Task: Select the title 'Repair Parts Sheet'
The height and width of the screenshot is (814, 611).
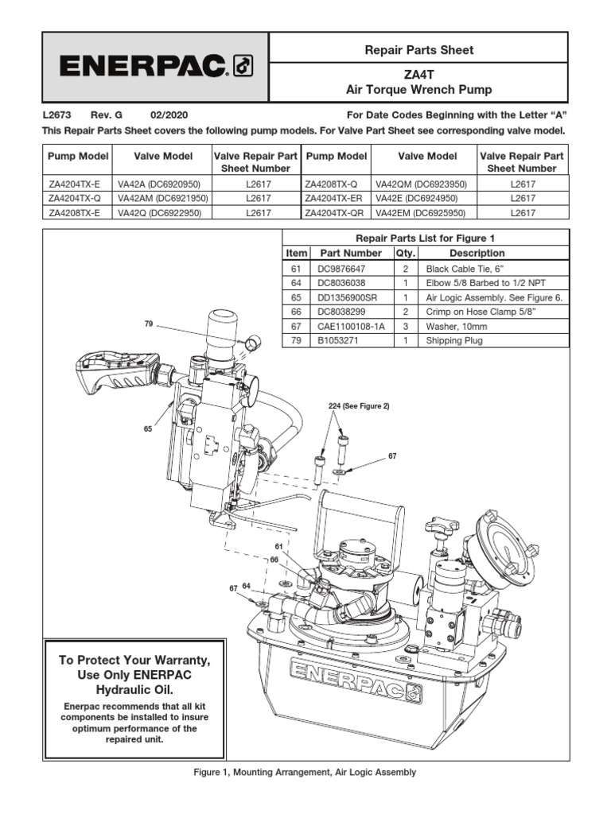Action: coord(418,50)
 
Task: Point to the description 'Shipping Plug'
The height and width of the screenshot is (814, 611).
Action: coord(454,340)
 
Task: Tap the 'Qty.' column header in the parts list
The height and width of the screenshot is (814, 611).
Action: coord(405,253)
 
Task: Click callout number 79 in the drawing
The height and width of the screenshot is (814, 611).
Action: coord(147,324)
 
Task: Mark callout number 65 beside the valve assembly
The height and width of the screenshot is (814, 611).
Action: coord(147,428)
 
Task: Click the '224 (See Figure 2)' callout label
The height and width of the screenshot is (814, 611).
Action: coord(359,406)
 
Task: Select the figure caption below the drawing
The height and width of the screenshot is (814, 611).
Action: coord(305,772)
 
